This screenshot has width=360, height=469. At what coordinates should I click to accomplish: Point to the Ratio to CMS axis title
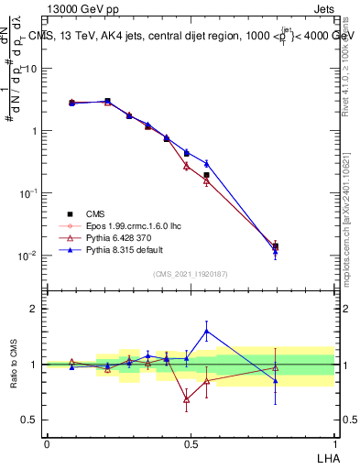click(15, 365)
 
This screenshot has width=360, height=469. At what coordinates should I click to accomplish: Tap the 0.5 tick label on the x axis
click(190, 443)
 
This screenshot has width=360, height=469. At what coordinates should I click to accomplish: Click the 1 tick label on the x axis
click(333, 443)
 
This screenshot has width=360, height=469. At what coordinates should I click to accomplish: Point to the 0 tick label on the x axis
click(47, 443)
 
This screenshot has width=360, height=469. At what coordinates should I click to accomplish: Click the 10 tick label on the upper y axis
click(30, 69)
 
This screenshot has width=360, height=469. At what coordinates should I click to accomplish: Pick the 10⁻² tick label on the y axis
click(27, 256)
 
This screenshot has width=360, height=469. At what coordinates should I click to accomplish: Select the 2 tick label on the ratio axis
click(35, 309)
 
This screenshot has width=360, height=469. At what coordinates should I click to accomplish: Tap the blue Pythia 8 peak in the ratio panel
click(207, 331)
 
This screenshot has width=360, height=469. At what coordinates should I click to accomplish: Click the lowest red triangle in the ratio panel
click(187, 399)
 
